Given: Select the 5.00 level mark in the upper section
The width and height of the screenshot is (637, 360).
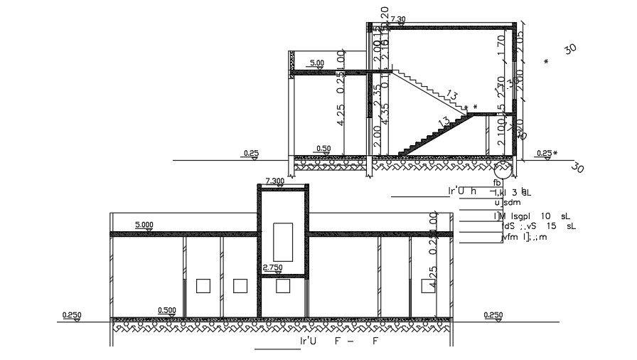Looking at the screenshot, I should pos(317,63).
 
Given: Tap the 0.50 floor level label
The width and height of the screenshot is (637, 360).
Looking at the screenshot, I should pos(323,149).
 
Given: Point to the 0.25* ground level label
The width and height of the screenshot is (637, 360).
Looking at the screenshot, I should pos(546,153).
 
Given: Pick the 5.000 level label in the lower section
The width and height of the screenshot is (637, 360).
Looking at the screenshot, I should pos(144,225).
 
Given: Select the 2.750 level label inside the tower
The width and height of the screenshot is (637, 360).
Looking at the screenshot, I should pos(274,267).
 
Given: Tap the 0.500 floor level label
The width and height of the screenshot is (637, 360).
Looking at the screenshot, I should pos(167,310).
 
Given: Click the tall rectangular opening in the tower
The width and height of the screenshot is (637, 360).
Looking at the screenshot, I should pos(283,241).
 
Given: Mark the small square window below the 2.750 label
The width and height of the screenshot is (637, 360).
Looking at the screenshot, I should pos(283,286).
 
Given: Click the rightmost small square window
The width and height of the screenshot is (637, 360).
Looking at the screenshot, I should pos(428,286).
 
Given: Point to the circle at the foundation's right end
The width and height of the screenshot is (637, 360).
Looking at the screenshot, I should pos(502,170).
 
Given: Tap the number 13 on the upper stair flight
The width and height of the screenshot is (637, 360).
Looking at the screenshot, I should pos(453,95).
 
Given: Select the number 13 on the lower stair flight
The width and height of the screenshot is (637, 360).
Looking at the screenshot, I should pos(444,122).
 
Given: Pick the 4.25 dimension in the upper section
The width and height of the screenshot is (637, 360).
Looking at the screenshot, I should pos(341,116).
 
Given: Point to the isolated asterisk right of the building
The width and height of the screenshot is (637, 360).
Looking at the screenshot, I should pos(546,62).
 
